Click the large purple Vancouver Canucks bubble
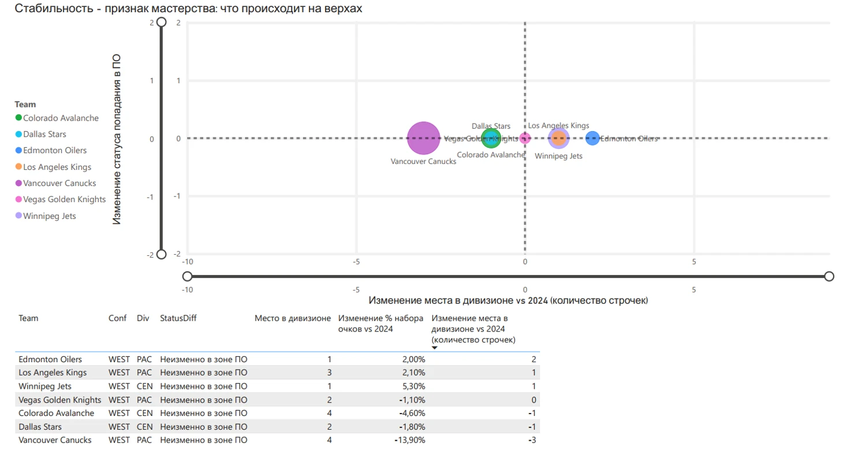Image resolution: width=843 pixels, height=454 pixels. click(x=424, y=138)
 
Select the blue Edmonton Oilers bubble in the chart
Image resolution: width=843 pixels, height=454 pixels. click(x=592, y=138)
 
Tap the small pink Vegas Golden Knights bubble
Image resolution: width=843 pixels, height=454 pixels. click(x=525, y=138)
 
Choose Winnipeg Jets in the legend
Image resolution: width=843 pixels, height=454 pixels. click(x=49, y=216)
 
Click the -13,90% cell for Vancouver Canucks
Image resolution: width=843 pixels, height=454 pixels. click(x=409, y=440)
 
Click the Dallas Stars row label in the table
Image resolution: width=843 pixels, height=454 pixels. click(x=40, y=427)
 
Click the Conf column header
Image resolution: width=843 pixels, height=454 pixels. click(x=116, y=318)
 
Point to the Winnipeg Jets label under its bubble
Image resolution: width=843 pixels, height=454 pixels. click(x=558, y=156)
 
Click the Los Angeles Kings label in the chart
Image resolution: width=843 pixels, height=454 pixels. click(x=558, y=125)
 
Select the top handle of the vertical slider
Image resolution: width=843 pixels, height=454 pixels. click(x=162, y=22)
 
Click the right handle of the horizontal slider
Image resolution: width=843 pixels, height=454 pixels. click(x=829, y=276)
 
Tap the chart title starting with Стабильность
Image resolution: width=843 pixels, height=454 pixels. click(x=189, y=8)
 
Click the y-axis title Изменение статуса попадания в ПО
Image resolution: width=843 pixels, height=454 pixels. click(x=117, y=139)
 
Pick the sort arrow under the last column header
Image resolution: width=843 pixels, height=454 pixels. click(x=435, y=348)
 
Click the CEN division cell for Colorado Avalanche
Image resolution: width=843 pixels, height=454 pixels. click(x=145, y=413)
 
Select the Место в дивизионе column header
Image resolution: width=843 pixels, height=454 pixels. click(x=293, y=318)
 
